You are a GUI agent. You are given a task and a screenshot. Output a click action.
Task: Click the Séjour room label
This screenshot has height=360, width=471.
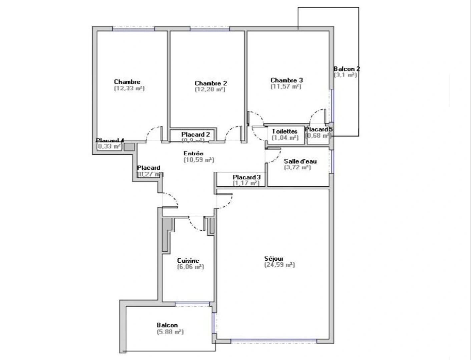[274, 258]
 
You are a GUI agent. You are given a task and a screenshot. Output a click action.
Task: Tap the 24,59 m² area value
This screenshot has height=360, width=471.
[279, 265]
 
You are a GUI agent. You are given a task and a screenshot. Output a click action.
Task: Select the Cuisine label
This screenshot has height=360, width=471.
[188, 261]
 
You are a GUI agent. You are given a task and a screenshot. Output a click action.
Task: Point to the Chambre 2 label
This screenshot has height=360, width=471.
[210, 83]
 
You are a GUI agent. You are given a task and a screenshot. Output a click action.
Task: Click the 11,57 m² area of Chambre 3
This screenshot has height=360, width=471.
[286, 86]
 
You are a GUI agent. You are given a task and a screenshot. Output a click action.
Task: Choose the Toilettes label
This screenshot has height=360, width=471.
[284, 131]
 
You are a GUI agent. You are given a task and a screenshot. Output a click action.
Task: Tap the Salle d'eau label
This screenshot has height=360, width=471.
[300, 161]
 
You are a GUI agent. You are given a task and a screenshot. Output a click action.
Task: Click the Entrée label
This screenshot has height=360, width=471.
[193, 153]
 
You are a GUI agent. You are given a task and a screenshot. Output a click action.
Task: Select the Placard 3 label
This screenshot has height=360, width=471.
[246, 177]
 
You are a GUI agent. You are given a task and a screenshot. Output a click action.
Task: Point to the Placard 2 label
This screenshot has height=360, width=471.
[195, 134]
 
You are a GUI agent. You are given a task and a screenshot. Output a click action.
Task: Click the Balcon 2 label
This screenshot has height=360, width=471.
[347, 69]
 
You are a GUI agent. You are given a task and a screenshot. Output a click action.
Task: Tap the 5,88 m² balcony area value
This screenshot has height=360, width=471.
[170, 332]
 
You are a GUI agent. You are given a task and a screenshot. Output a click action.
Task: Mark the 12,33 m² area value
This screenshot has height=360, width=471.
[129, 88]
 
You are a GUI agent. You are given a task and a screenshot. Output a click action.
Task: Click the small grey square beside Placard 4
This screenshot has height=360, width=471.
[129, 147]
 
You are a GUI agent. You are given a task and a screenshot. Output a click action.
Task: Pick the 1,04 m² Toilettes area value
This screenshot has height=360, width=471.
[285, 137]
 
